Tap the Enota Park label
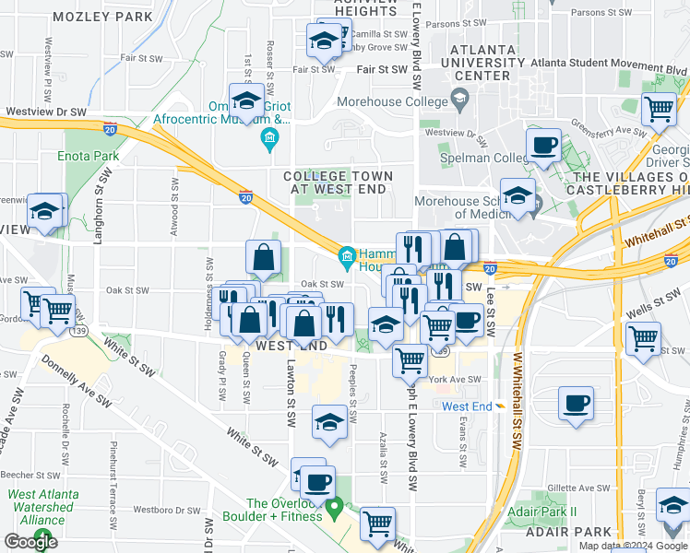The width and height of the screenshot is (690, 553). pos(92,157)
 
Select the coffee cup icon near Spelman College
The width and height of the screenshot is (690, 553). pos(543,145)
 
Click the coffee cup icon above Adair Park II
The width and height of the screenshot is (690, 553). pos(576,403)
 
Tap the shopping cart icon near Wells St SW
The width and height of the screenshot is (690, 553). pos(642,338)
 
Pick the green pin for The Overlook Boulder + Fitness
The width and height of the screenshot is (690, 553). pos(337,506)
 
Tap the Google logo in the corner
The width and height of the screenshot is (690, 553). pos(31,542)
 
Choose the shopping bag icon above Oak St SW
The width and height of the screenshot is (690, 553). pos(264,258)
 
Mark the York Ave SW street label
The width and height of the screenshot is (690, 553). pos(455,379)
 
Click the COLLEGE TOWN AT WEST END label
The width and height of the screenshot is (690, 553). pos(338,182)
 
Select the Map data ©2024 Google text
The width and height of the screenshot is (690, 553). pos(633,546)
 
